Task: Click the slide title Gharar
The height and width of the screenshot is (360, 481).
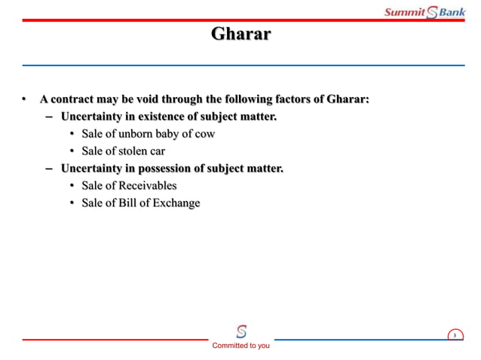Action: tap(240, 35)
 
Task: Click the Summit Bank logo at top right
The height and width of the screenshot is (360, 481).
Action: tap(424, 11)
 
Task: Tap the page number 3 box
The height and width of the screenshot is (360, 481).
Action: tap(455, 335)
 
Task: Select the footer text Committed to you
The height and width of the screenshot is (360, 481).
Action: tap(240, 346)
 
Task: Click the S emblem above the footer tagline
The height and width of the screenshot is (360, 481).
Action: tap(241, 331)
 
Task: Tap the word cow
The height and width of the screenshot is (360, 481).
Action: tap(204, 134)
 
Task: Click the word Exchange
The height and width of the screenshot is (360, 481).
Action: tap(176, 203)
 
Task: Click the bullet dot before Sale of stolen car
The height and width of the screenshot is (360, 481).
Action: tap(73, 151)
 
